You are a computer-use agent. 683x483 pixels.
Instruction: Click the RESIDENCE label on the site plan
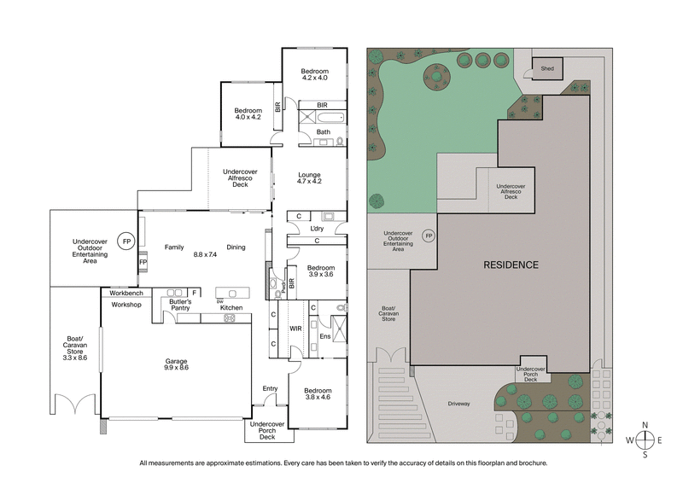click(511, 265)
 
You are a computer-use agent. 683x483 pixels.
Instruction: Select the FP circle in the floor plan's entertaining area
click(126, 241)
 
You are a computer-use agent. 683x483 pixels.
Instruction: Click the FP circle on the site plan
click(429, 236)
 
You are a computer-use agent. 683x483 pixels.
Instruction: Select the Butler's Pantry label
click(179, 306)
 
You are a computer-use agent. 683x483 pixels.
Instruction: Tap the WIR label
click(296, 327)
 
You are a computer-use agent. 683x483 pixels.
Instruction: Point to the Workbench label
click(126, 293)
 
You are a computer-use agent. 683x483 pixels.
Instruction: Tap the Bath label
click(323, 131)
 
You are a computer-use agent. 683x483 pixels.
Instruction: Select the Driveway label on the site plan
click(458, 404)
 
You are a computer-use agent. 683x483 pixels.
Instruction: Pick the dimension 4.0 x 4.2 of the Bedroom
click(248, 117)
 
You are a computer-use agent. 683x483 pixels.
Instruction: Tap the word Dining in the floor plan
click(236, 247)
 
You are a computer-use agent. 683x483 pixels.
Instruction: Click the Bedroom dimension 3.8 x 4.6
click(318, 398)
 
